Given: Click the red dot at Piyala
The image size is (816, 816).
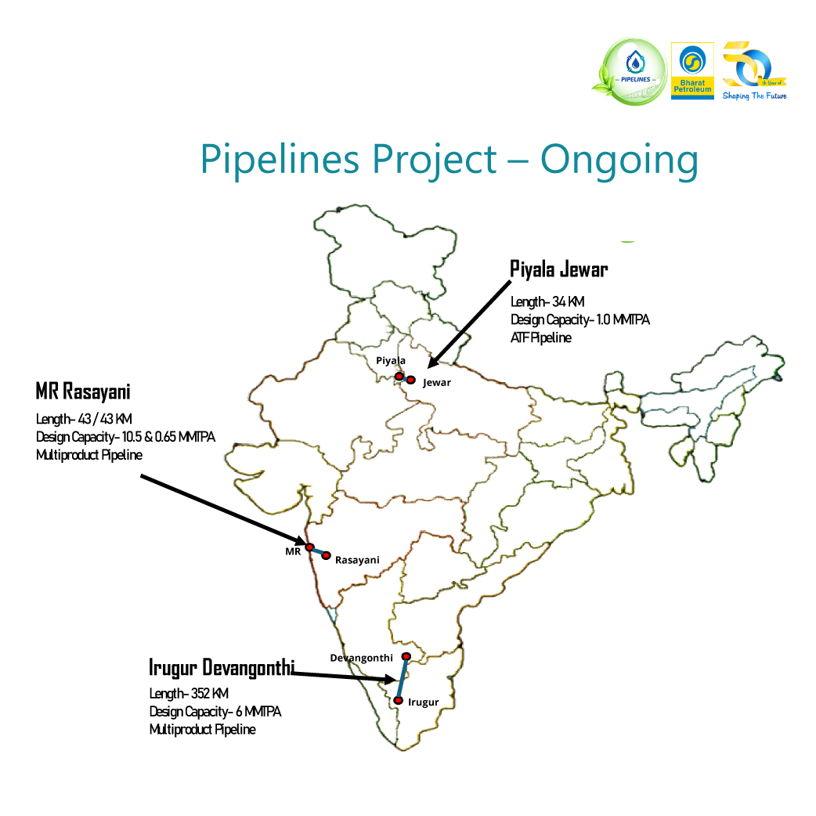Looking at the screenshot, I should (399, 377).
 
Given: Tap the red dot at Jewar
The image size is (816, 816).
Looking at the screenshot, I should (410, 380).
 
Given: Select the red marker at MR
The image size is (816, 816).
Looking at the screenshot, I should (309, 547).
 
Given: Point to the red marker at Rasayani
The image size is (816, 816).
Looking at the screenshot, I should (327, 555).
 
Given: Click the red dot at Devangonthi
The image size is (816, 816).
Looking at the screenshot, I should (406, 656).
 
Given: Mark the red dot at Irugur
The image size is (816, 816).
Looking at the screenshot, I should (399, 700).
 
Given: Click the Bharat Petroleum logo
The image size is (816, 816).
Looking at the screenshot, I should (692, 70).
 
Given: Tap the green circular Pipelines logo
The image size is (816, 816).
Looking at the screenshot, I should (634, 71).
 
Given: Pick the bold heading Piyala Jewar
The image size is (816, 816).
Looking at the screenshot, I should (559, 270).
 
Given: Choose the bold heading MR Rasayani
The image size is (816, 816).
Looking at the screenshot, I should (83, 391).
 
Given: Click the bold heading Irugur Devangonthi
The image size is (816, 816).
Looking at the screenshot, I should (222, 667).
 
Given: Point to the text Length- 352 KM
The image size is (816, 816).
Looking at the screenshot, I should (189, 694).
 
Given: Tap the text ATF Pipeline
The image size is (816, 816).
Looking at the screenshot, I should (541, 338).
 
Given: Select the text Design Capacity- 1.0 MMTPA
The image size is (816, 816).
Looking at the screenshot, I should (580, 320).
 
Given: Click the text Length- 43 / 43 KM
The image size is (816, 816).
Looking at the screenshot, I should (84, 419).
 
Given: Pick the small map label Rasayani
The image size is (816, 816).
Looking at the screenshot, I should (357, 560).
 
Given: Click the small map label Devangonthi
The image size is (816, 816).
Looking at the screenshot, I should (361, 658).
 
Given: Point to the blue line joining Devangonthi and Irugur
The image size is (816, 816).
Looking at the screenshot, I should (403, 678).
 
